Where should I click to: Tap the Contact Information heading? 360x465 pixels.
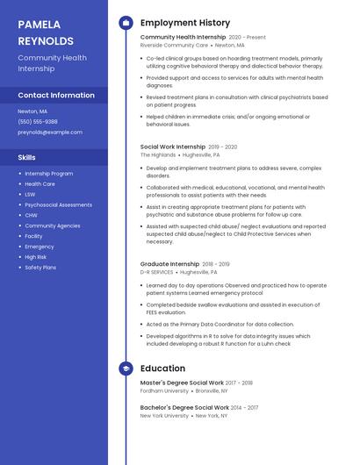(x=56, y=95)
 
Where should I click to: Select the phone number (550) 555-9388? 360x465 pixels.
(x=38, y=122)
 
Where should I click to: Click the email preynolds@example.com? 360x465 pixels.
(x=50, y=132)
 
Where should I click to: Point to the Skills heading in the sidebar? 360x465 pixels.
(x=27, y=157)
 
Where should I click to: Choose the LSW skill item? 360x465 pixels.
(x=30, y=194)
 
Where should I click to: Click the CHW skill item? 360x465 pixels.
(x=31, y=215)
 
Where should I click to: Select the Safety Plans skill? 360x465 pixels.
(x=40, y=268)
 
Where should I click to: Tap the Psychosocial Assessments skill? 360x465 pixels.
(x=58, y=204)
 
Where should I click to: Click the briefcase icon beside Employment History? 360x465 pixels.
(x=126, y=23)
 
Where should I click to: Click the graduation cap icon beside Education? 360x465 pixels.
(x=126, y=369)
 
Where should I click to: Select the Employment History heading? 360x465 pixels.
(x=184, y=23)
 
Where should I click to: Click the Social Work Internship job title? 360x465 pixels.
(x=172, y=147)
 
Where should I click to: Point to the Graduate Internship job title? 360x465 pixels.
(x=169, y=263)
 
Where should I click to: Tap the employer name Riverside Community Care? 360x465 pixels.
(x=174, y=45)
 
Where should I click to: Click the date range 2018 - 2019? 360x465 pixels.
(x=216, y=264)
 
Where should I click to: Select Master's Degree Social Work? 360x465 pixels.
(x=182, y=383)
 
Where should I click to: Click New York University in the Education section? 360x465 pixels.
(x=164, y=415)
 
